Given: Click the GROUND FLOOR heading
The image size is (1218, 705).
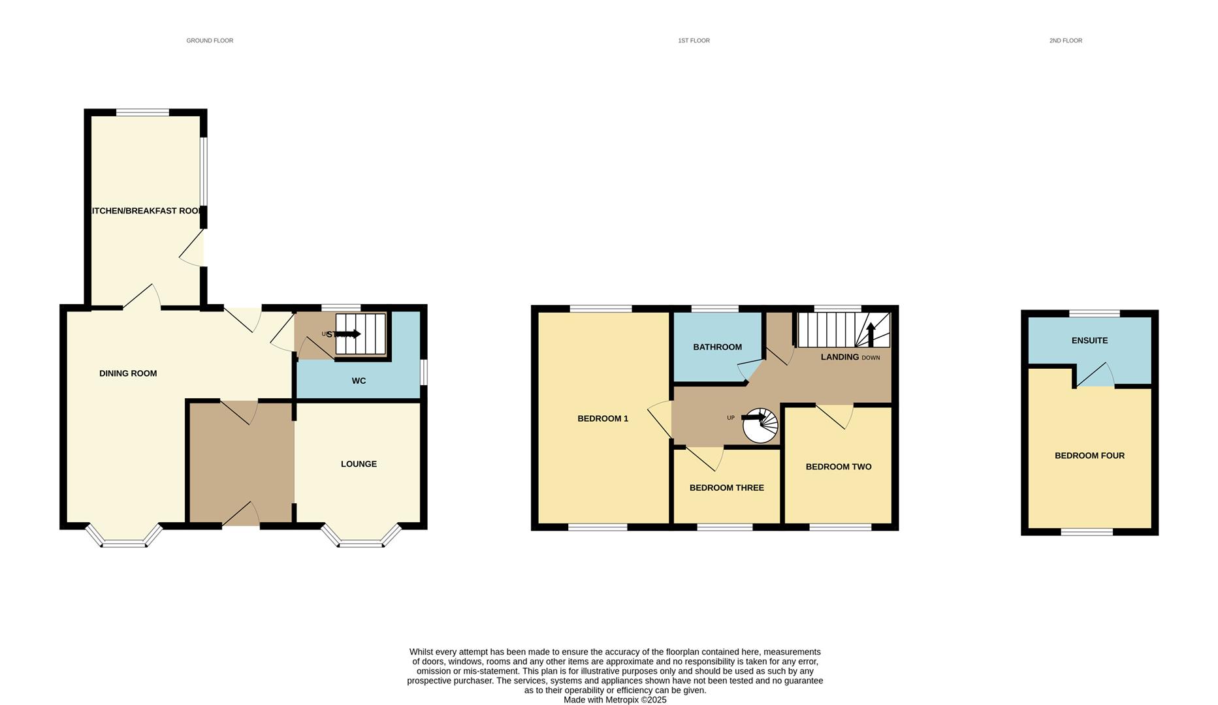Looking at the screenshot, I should pyautogui.click(x=210, y=40).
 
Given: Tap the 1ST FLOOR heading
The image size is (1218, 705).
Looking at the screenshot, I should pyautogui.click(x=694, y=40).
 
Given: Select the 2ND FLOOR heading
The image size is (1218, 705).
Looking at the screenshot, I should pyautogui.click(x=1065, y=40).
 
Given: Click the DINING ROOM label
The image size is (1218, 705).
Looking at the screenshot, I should pyautogui.click(x=128, y=373).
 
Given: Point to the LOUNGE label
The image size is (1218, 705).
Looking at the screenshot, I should pyautogui.click(x=359, y=464).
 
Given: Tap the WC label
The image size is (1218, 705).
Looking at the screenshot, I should pyautogui.click(x=359, y=381).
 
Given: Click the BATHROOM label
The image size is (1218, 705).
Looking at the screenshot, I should pyautogui.click(x=717, y=347).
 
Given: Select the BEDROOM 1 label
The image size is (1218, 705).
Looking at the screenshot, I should pyautogui.click(x=603, y=418).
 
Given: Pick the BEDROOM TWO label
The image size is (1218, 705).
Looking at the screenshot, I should pyautogui.click(x=839, y=467).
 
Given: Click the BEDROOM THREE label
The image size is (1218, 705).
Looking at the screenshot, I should pyautogui.click(x=726, y=488).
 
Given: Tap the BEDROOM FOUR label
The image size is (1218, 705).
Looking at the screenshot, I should pyautogui.click(x=1089, y=456).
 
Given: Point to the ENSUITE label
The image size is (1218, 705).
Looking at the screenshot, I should pyautogui.click(x=1089, y=341).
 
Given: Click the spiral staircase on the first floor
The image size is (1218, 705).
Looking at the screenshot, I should pyautogui.click(x=760, y=426).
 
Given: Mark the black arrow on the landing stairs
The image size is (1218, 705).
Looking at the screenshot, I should pyautogui.click(x=870, y=334).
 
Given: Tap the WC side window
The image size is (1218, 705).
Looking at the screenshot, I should pyautogui.click(x=424, y=373).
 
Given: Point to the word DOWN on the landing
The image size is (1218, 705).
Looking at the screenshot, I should pyautogui.click(x=871, y=358).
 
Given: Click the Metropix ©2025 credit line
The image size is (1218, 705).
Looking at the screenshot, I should pyautogui.click(x=615, y=700).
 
